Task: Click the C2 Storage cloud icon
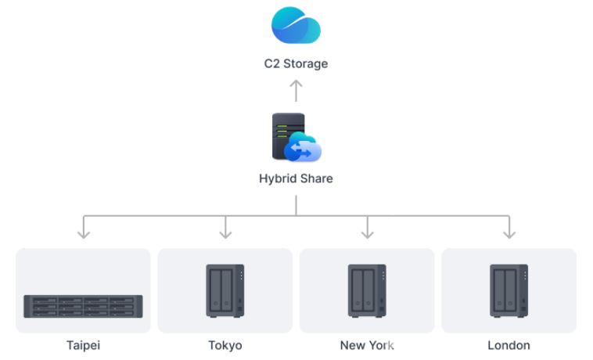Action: point(296,25)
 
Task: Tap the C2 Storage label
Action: point(296,63)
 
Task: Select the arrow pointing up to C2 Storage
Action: point(296,89)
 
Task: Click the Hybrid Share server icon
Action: point(289,136)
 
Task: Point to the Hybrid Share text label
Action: point(296,178)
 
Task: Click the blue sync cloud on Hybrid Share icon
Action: point(303,148)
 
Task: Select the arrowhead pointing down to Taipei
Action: point(84,232)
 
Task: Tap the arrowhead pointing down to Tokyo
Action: point(225,232)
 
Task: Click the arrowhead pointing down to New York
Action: point(367,232)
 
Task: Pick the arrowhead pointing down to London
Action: point(509,232)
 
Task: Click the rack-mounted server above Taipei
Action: point(83,306)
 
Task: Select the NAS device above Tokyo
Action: point(225,290)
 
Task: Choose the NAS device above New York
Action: point(367,290)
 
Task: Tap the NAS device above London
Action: point(509,290)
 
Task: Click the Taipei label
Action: point(83,345)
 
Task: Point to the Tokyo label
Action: point(225,345)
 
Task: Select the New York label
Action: point(367,345)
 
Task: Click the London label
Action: point(509,345)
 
